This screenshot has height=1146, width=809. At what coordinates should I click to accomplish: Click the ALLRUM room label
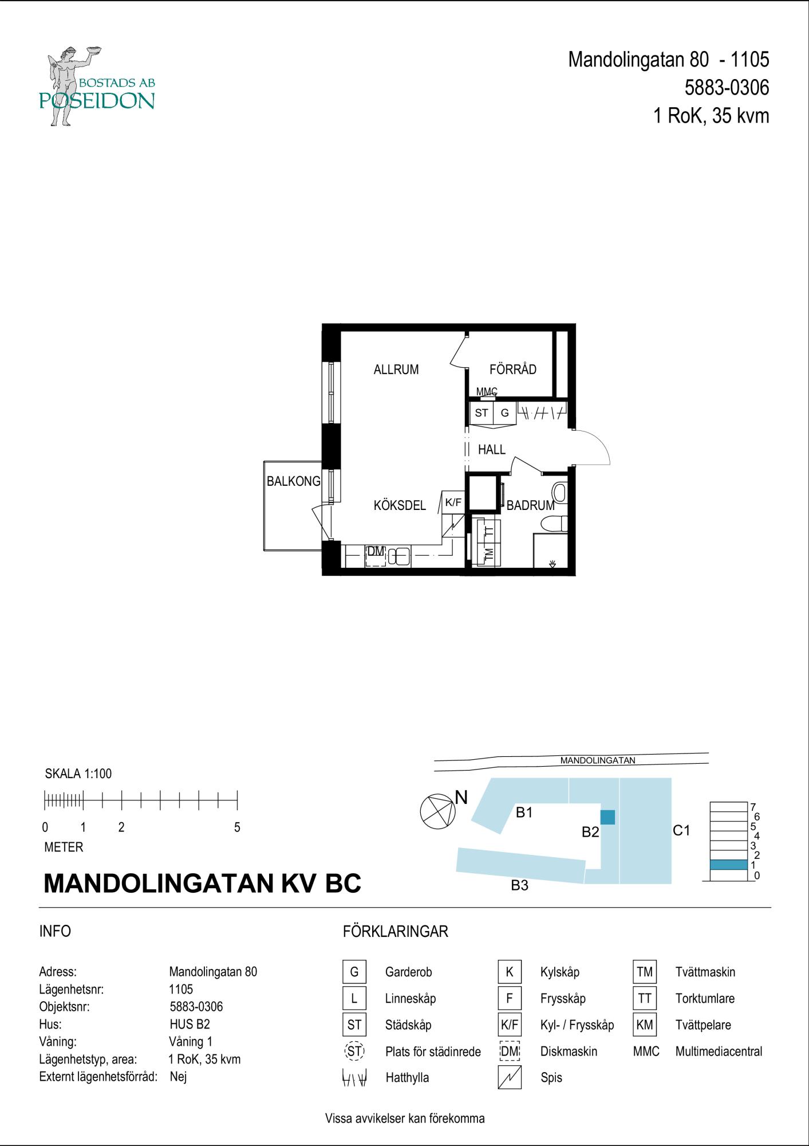click(x=396, y=370)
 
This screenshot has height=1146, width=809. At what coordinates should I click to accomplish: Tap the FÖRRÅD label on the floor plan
click(x=512, y=370)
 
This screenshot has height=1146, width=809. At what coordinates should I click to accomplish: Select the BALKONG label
click(x=293, y=481)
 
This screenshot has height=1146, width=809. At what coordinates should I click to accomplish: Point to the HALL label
click(x=491, y=450)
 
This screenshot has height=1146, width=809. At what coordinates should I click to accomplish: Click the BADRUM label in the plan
click(x=530, y=505)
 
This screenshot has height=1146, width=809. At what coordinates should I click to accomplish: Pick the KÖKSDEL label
click(x=400, y=505)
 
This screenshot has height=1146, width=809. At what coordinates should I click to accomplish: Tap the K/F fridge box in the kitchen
click(x=453, y=503)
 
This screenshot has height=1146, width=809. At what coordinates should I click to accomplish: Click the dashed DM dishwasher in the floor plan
click(x=376, y=556)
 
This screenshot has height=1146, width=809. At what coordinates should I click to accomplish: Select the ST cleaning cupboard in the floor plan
click(x=482, y=413)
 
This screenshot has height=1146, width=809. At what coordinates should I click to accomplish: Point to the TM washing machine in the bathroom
click(x=488, y=554)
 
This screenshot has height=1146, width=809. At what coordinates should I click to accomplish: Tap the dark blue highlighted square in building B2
click(x=607, y=817)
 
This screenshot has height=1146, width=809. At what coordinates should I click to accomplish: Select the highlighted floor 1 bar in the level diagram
click(x=728, y=865)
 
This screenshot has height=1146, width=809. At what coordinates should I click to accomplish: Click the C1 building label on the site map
click(x=681, y=830)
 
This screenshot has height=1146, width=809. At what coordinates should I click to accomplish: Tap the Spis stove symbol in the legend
click(x=510, y=1077)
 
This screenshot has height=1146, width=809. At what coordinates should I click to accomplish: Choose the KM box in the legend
click(x=645, y=1025)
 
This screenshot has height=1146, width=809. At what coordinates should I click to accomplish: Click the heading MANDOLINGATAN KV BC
click(x=202, y=883)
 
